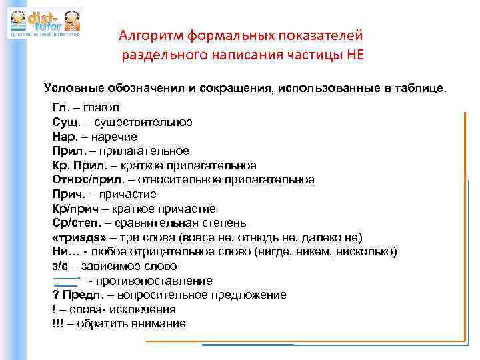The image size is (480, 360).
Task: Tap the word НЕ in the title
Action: click(355, 55)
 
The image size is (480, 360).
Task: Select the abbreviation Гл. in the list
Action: click(60, 107)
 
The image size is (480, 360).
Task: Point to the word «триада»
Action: click(74, 237)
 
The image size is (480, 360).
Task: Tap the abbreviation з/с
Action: click(60, 266)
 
